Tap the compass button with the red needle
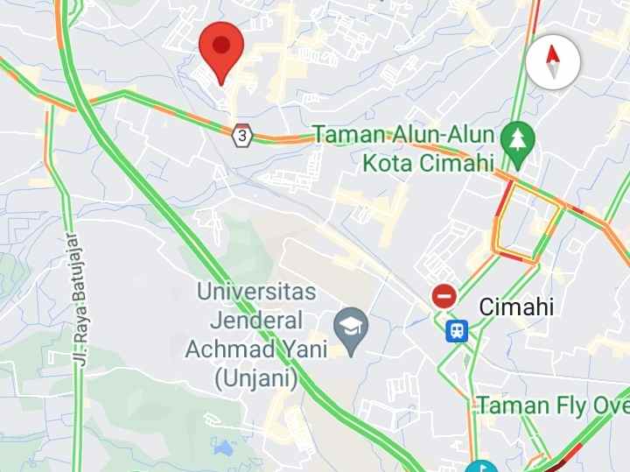[x=552, y=63]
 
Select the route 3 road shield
[x=242, y=136]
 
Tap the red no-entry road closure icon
[x=444, y=296]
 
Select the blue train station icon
[x=457, y=330]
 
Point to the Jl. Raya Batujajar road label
[x=78, y=299]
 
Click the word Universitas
[x=256, y=290]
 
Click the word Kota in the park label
[x=390, y=163]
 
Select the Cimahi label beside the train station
[x=516, y=306]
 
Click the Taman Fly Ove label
[x=552, y=406]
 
